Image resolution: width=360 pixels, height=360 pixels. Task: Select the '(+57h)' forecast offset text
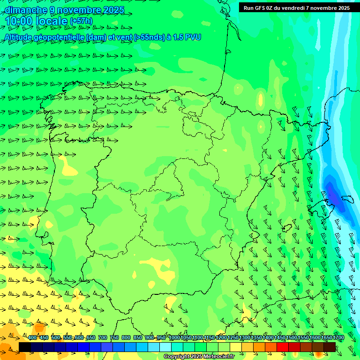coord(81,22)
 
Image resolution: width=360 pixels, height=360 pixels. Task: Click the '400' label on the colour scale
coord(32,338)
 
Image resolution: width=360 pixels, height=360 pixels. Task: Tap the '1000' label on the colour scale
coord(174,338)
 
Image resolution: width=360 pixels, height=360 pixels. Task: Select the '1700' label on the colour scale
coord(338,338)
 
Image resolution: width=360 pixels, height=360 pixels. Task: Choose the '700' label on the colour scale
coord(103,338)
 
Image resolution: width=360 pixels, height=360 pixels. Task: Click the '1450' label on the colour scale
coord(280,338)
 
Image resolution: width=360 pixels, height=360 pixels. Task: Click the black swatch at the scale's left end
coord(25,347)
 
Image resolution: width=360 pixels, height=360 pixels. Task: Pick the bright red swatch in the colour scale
coord(283,347)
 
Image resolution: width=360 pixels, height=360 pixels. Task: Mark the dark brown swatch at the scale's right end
coord(330,347)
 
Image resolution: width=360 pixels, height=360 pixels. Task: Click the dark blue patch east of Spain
coord(334,195)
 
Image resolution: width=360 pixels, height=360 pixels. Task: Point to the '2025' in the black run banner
coord(343,7)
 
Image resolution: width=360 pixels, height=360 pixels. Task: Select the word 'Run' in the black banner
coord(249,7)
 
